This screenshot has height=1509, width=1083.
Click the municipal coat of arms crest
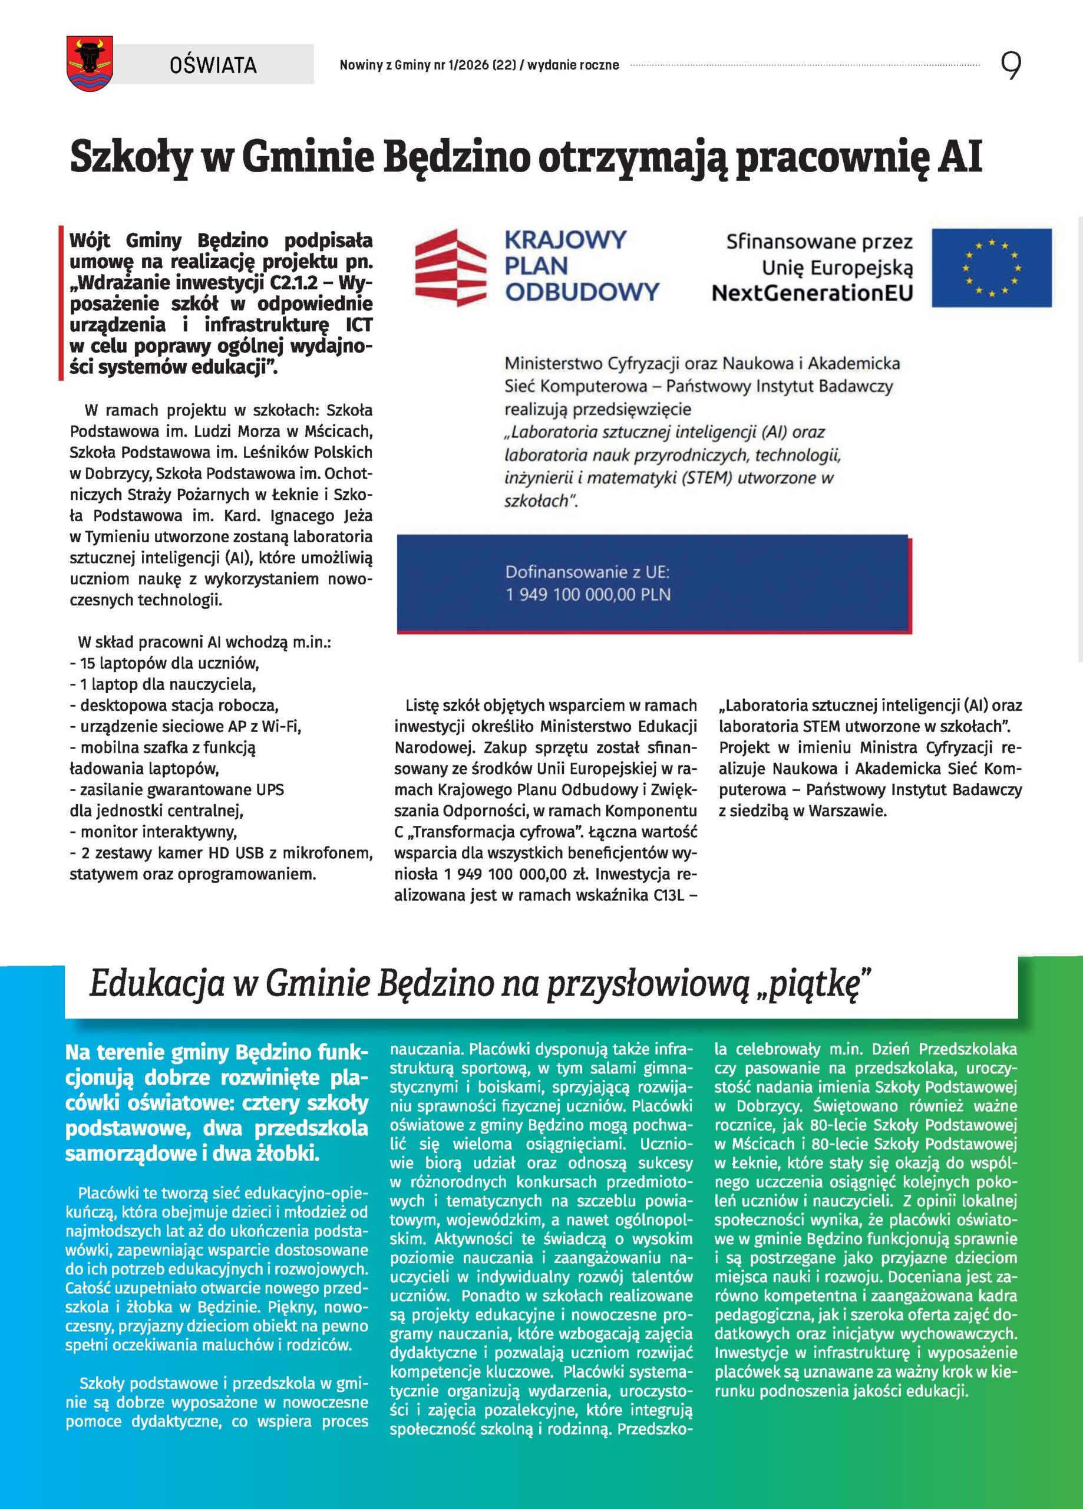point(90,63)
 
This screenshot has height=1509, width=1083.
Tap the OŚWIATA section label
point(213,64)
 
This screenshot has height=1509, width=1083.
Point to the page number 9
point(1011,65)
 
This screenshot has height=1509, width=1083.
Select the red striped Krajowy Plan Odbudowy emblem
point(448,268)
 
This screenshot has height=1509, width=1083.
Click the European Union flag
point(991,268)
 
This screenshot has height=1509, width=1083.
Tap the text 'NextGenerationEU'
point(811,294)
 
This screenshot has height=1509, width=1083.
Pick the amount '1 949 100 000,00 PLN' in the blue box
point(588,594)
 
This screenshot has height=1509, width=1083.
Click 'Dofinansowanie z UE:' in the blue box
point(587,572)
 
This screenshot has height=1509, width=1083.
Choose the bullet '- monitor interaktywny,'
point(154,832)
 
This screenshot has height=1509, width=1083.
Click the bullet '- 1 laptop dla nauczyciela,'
point(163,684)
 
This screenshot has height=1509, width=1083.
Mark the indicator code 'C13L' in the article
point(669,895)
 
